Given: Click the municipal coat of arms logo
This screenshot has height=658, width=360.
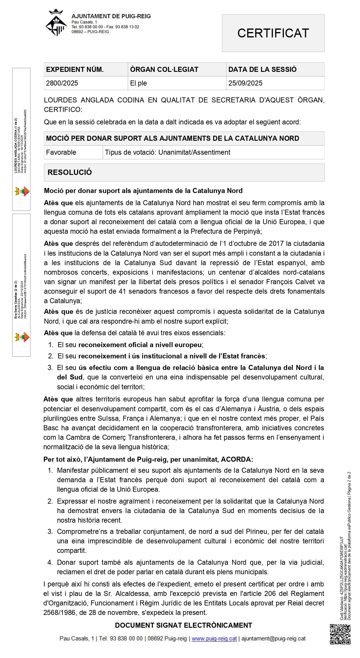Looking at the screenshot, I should pyautogui.click(x=56, y=23).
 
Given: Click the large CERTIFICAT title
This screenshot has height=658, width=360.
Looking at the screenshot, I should pyautogui.click(x=273, y=33).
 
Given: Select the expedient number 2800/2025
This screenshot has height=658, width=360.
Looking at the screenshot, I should pyautogui.click(x=62, y=83).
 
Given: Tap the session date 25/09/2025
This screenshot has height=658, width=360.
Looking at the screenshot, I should pyautogui.click(x=245, y=83).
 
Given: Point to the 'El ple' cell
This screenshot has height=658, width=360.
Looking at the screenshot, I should pyautogui.click(x=138, y=83).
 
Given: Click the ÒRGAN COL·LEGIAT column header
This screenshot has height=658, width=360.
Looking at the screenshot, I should pyautogui.click(x=164, y=69).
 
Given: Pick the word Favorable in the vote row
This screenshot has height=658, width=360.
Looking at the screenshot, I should pyautogui.click(x=61, y=152).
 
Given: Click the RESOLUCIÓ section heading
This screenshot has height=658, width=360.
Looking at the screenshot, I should pyautogui.click(x=70, y=172).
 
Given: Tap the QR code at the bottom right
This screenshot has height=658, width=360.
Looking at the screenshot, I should pyautogui.click(x=340, y=634).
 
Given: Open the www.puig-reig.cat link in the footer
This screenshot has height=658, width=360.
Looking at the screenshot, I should pyautogui.click(x=214, y=638).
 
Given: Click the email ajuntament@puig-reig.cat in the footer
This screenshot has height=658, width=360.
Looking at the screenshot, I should pyautogui.click(x=273, y=638).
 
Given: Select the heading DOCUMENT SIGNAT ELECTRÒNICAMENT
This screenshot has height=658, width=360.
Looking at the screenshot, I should pyautogui.click(x=184, y=625).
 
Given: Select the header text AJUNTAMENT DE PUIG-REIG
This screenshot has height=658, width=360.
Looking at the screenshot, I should pyautogui.click(x=111, y=16).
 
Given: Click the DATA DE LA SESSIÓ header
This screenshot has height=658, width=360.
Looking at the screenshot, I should pyautogui.click(x=262, y=69).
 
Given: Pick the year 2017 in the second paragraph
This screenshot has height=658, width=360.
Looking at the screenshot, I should pyautogui.click(x=276, y=243).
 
